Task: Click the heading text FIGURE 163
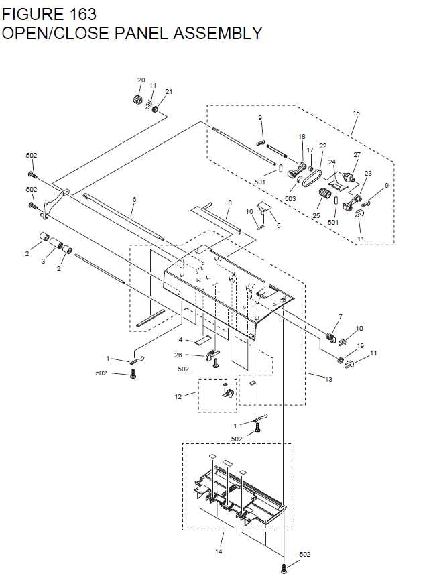point(49,13)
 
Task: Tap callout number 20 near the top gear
point(141,80)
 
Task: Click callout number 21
point(168,91)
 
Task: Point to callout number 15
point(356,113)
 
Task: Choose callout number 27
point(357,155)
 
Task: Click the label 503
point(290,199)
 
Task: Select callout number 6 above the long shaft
point(134,199)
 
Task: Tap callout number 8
point(229,203)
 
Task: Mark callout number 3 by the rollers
point(43,261)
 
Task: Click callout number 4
point(180,340)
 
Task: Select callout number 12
point(178,396)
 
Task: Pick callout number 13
point(328,380)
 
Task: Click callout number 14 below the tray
point(218,552)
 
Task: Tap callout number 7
point(340,316)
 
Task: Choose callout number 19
point(360,346)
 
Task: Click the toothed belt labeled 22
point(311,178)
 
